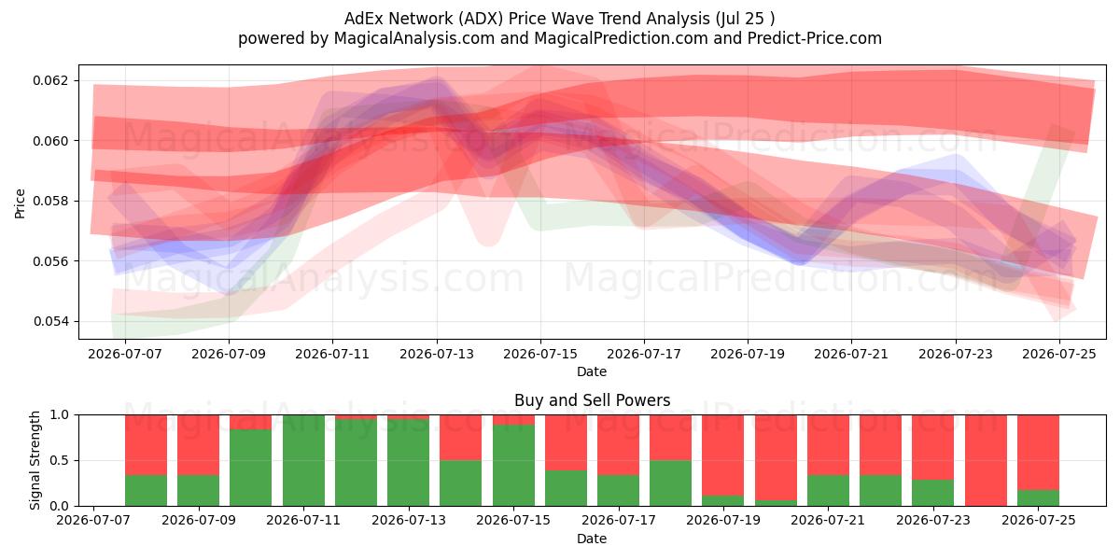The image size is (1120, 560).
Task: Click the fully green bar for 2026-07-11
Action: point(303,460)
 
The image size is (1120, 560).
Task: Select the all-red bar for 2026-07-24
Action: point(986,460)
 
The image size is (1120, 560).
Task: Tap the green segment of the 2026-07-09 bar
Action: point(199,490)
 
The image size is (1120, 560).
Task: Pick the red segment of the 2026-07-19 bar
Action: point(723,455)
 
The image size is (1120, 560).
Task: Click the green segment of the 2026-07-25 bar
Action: point(1039,498)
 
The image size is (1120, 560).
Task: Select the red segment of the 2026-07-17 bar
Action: point(619,444)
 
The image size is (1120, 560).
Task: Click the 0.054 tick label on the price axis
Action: point(51,321)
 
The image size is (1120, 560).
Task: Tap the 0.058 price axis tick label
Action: point(51,201)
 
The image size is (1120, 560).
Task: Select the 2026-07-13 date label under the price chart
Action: point(437,354)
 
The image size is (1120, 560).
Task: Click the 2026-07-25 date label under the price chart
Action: point(1059,354)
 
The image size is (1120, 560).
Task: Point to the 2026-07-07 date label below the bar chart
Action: point(93,520)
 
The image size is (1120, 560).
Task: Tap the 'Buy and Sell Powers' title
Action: point(592,400)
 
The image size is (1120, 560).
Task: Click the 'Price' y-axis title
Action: point(20,203)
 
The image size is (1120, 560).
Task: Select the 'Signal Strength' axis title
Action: point(35,460)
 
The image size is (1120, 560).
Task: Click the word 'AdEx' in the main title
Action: point(363,19)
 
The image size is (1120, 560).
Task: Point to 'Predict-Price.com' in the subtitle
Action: point(815,38)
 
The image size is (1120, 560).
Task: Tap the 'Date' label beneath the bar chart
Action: point(592,539)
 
